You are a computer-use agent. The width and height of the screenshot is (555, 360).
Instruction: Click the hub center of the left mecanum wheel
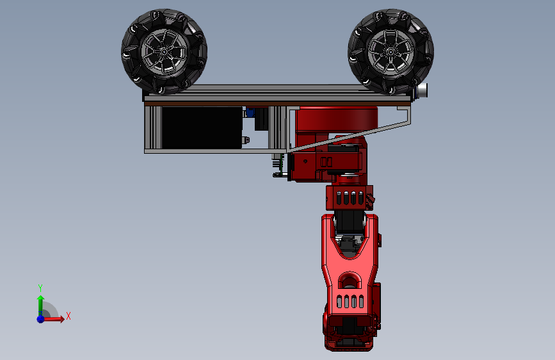coord(165,52)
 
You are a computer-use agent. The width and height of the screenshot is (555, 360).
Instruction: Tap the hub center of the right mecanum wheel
coord(390,52)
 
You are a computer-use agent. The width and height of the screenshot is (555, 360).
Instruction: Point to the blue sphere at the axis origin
coord(41,319)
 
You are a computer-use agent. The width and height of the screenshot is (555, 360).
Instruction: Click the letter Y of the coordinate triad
coord(40,288)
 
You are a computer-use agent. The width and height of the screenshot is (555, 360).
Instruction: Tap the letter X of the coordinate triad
coord(68,316)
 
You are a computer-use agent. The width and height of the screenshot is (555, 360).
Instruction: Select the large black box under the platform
coord(202,127)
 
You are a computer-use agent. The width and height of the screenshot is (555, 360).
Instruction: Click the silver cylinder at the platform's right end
coord(422,90)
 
